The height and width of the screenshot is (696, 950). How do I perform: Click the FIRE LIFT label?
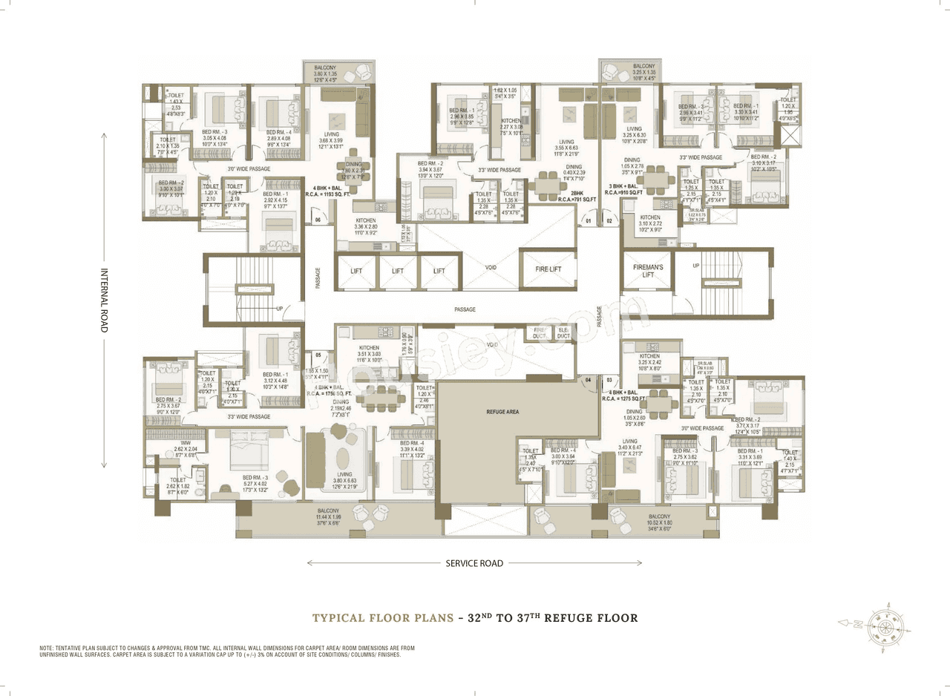tap(548, 269)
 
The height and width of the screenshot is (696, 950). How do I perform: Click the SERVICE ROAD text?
tap(474, 563)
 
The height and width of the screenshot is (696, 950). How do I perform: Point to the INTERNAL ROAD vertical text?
tap(104, 300)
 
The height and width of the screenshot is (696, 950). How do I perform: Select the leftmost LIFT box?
tap(356, 271)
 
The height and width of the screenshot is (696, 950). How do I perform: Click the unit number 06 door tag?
tap(317, 220)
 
